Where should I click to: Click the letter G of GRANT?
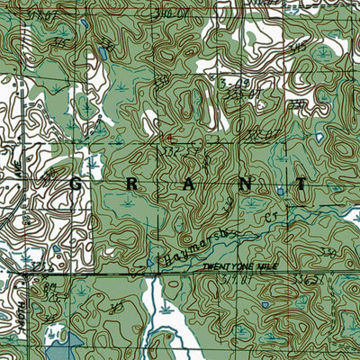[75, 183]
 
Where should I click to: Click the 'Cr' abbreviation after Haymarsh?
[270, 217]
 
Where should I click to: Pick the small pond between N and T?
[281, 192]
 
